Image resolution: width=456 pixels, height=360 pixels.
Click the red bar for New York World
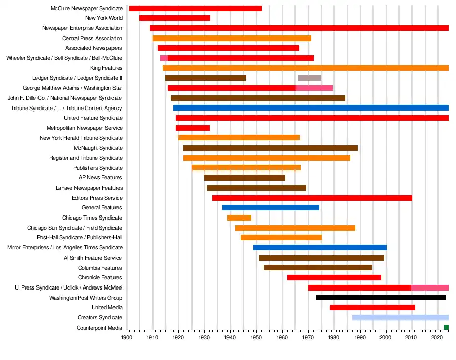click(x=174, y=18)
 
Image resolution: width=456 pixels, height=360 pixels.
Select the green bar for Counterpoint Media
click(x=446, y=328)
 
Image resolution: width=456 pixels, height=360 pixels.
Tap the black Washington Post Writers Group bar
click(x=381, y=298)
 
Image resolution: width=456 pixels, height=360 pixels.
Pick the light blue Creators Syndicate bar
click(x=400, y=318)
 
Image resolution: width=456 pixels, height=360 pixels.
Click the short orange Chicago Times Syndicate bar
click(x=239, y=218)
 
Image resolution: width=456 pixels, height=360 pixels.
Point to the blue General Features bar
click(x=271, y=208)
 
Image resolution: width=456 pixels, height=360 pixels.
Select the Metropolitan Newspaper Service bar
click(x=193, y=128)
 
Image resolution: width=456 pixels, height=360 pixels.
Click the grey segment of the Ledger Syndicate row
click(x=309, y=78)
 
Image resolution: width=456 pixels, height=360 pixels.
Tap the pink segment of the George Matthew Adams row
click(x=314, y=88)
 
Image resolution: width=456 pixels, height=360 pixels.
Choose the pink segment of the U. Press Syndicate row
click(x=430, y=288)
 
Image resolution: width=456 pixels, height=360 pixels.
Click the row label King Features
click(x=106, y=68)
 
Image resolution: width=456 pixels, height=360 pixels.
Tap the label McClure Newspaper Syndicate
click(x=87, y=9)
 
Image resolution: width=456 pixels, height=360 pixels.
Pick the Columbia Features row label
click(x=100, y=268)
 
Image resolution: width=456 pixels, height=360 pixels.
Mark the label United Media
click(x=107, y=308)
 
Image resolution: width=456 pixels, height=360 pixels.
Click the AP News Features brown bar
click(x=244, y=178)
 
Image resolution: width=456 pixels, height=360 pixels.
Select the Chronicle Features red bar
click(x=334, y=278)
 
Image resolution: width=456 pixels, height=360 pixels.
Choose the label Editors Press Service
click(x=97, y=198)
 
